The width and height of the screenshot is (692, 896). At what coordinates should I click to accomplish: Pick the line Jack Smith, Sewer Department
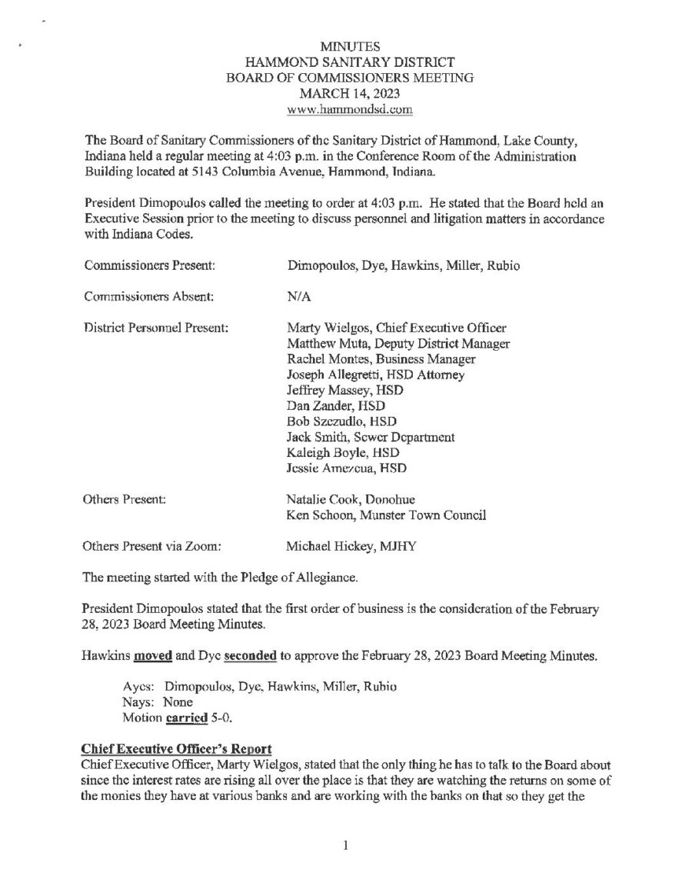370,437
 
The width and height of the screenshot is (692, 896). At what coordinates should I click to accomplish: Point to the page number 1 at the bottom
346,847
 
